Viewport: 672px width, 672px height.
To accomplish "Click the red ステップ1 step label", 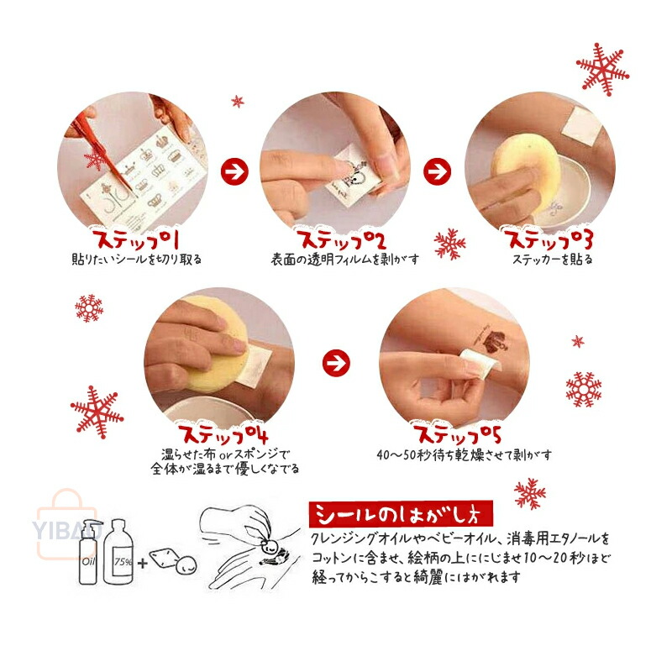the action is pos(135,239).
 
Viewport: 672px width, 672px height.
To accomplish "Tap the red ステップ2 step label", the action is pos(341,239).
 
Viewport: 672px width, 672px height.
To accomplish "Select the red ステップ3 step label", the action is pos(549,239).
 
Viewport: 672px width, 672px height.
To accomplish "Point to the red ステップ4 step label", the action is pos(223,433).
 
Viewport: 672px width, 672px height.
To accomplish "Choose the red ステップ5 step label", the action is pos(457,433).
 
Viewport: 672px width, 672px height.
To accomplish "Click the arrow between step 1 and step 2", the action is pos(234,171).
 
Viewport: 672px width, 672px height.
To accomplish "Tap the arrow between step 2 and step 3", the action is pos(437,171).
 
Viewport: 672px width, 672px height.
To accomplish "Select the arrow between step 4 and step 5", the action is pos(336,363).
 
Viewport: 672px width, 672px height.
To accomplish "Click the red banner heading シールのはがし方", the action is pos(401,514).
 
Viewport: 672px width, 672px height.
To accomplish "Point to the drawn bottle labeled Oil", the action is pos(89,552).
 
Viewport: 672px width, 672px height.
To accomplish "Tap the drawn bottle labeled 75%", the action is pos(118,552).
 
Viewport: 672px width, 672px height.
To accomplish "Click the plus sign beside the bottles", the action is pos(142,563).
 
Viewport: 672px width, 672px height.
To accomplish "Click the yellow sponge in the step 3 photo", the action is pos(526,166).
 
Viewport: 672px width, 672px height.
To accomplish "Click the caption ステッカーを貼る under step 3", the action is pos(553,260).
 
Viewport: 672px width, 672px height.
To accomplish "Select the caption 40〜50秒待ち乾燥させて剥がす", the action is pos(465,454).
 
